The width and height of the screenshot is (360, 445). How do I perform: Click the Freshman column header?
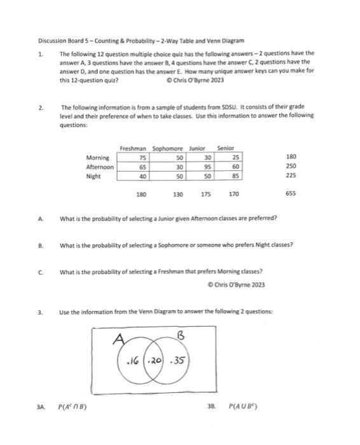click(134, 148)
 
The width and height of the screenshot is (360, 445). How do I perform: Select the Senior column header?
click(226, 148)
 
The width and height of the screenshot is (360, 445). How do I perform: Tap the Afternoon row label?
click(100, 167)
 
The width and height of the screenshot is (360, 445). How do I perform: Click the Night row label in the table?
click(93, 175)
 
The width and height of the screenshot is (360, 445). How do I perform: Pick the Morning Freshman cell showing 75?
click(142, 157)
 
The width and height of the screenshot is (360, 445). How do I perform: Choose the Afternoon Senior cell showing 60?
click(236, 167)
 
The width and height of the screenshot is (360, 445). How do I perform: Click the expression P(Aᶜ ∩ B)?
click(73, 404)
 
